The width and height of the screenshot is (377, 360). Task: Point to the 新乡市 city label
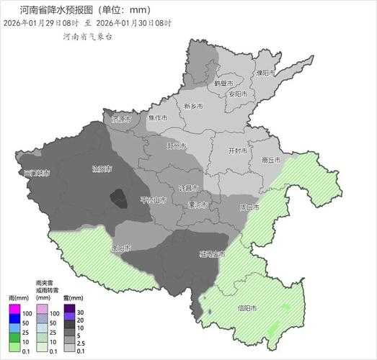tap(193, 106)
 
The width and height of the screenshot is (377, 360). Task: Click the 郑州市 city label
tap(177, 146)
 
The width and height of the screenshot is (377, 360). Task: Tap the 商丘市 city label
tap(270, 161)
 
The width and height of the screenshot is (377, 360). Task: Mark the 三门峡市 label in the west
tap(37, 174)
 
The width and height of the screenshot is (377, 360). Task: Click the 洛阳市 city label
tap(102, 169)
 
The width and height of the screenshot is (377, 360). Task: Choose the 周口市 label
tap(249, 207)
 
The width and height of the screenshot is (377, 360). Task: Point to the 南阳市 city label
tap(121, 248)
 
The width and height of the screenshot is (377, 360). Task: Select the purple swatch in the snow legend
tap(69, 317)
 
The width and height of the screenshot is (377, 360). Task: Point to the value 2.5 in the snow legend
tap(80, 342)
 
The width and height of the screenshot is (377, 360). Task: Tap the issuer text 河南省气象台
tap(87, 35)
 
